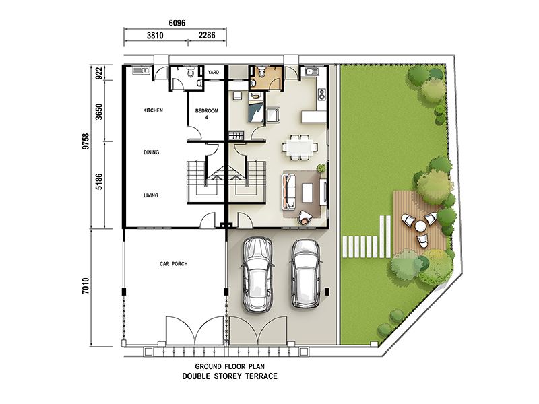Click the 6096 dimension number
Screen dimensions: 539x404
click(x=177, y=23)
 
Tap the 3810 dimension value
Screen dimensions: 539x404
click(x=155, y=36)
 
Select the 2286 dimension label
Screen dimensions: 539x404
click(x=207, y=35)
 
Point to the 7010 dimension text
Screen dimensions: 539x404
click(x=86, y=285)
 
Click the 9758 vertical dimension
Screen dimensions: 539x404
click(x=86, y=141)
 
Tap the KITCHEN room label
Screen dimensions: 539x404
click(x=153, y=110)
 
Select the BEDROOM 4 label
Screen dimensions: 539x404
click(x=207, y=114)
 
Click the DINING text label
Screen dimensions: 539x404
click(x=151, y=152)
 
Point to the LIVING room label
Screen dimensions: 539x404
click(x=151, y=195)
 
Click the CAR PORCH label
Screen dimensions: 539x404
click(x=174, y=264)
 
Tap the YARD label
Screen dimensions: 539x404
click(x=214, y=73)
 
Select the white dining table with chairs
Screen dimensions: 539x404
click(x=300, y=147)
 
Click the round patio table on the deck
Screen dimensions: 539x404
click(x=420, y=226)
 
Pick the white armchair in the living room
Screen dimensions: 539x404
click(x=304, y=217)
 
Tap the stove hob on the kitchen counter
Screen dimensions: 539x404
click(x=322, y=94)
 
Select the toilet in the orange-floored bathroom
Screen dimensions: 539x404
click(x=261, y=72)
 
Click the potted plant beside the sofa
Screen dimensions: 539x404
click(x=321, y=168)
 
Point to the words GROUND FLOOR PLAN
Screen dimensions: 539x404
click(x=230, y=366)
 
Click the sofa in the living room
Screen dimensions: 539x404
click(x=288, y=192)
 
